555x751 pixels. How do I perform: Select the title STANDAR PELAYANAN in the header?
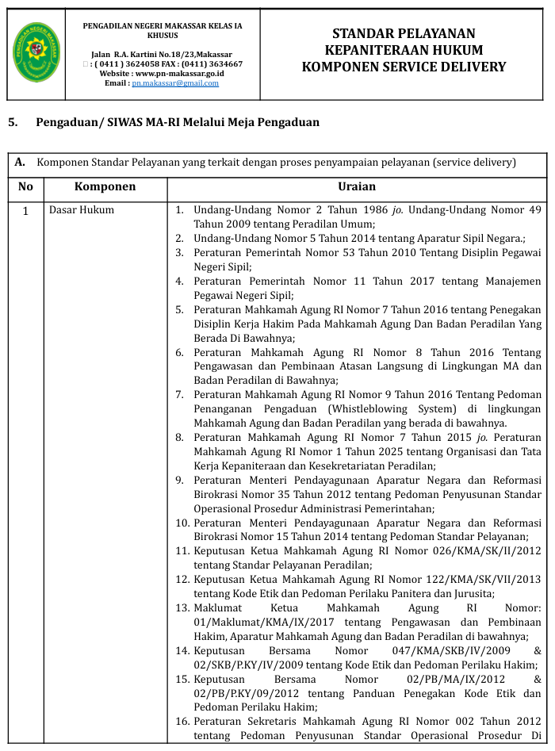404,33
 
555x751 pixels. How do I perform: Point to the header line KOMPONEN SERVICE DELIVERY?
404,67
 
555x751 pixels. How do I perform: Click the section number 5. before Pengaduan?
13,122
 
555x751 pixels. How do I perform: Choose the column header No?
25,187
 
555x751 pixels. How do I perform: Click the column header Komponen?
105,187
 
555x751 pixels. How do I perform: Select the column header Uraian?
357,187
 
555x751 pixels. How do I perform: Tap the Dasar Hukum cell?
82,210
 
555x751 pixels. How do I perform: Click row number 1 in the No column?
25,211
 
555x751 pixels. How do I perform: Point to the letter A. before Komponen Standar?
21,163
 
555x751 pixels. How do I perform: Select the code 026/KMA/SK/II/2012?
489,550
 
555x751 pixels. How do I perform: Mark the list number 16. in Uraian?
182,722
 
